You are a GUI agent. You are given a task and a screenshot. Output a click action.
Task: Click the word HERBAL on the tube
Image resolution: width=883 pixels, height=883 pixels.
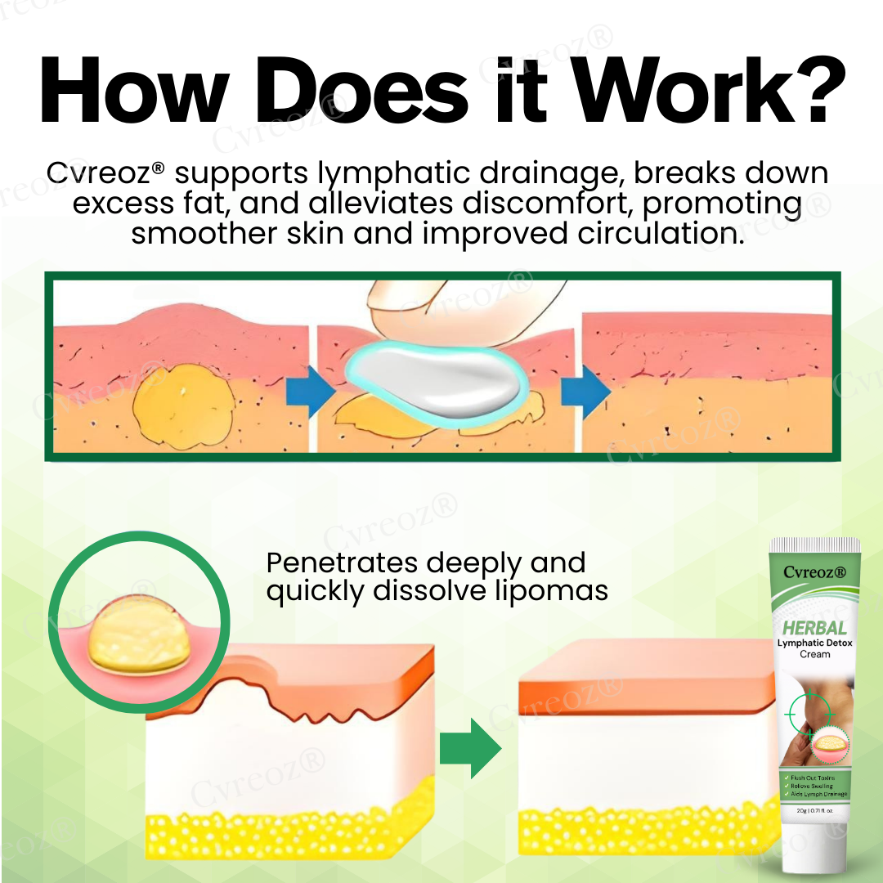coord(814,627)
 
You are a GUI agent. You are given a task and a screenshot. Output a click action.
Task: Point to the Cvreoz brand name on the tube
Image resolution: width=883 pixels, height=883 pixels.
coord(814,572)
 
